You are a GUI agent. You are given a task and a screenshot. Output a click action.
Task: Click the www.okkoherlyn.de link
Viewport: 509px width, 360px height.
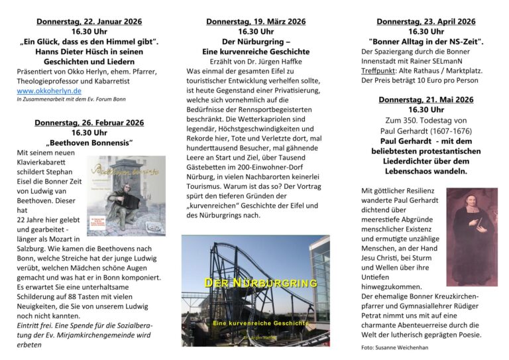pos(50,90)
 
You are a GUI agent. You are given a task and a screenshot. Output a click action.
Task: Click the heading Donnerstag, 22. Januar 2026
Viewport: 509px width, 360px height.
pos(89,21)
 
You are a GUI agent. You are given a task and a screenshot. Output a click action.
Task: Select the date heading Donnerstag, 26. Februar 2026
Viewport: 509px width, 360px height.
pos(89,122)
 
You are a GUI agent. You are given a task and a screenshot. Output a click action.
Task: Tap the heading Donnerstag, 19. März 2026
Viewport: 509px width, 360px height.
pos(256,21)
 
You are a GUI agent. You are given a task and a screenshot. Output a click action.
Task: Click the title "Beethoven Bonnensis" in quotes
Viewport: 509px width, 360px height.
pos(89,143)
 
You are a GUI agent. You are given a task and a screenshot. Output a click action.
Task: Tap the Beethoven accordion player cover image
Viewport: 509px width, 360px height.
pos(126,196)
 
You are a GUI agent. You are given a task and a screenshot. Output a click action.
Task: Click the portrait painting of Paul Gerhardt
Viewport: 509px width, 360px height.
pos(471,227)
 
